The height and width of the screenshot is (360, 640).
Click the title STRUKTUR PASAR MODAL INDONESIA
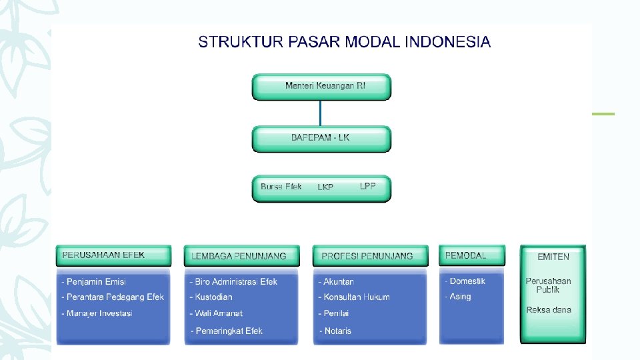coord(344,42)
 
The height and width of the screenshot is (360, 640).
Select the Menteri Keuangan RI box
coord(321,86)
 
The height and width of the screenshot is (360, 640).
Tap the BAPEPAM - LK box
coord(321,138)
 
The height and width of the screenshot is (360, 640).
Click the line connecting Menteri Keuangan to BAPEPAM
coord(321,113)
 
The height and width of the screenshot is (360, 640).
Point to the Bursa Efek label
coord(281,187)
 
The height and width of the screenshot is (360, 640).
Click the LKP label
coord(325,187)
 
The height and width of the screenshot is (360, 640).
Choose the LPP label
coord(368,185)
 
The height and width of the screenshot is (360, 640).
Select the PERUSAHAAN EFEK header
coord(103,255)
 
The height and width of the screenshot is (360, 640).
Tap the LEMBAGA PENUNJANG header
coord(239,255)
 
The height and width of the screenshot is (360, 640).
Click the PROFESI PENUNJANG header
coord(367,255)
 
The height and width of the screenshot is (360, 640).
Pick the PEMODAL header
coord(465,255)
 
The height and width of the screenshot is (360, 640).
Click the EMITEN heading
coord(553,256)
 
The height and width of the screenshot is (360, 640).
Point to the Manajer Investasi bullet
coord(99,313)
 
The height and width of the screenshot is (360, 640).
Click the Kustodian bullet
coord(213,297)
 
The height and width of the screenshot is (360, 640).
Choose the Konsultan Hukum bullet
coord(356,297)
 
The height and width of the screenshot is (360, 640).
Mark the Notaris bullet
coord(337,331)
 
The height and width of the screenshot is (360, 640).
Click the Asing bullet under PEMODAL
coord(460,297)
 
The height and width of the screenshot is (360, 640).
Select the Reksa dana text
coord(549,310)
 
